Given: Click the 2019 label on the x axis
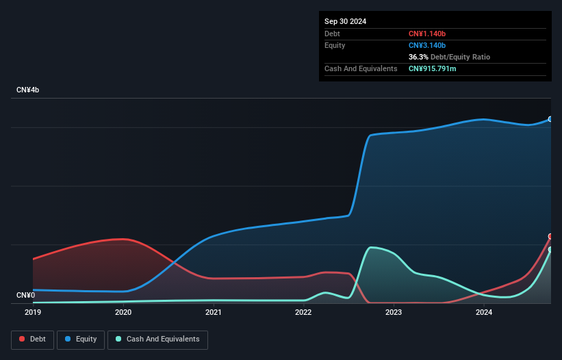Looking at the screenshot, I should tap(33, 313).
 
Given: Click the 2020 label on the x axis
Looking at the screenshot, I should tap(123, 313).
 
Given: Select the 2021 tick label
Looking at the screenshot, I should tap(214, 313).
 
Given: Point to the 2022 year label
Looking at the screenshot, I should tap(303, 313).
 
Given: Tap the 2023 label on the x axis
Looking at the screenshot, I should tap(394, 313).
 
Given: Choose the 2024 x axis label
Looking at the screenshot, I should tap(484, 313).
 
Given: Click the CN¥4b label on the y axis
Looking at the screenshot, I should tap(28, 90).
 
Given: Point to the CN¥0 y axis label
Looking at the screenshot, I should tap(25, 295).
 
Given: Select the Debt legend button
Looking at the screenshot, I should tap(32, 339).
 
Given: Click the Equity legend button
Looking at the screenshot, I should tap(81, 339).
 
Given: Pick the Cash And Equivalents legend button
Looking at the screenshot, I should tap(157, 339).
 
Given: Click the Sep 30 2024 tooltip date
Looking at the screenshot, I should tap(345, 21).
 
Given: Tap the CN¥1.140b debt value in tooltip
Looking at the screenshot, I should tap(426, 34).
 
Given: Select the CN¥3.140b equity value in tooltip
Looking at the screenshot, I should tap(426, 45).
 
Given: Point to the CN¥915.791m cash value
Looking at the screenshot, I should tap(433, 68).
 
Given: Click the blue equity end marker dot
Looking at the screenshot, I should tap(550, 119).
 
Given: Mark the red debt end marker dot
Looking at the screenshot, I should tap(550, 236).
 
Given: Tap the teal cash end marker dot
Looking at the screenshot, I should tap(550, 250).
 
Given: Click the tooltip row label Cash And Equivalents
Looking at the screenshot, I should tap(361, 68).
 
